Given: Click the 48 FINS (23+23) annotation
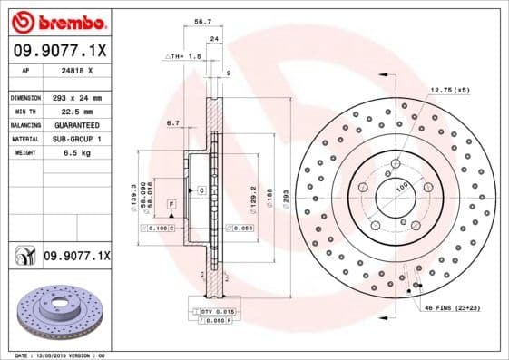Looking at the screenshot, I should click(451, 307).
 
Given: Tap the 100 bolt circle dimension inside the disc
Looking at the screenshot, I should click(399, 187).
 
